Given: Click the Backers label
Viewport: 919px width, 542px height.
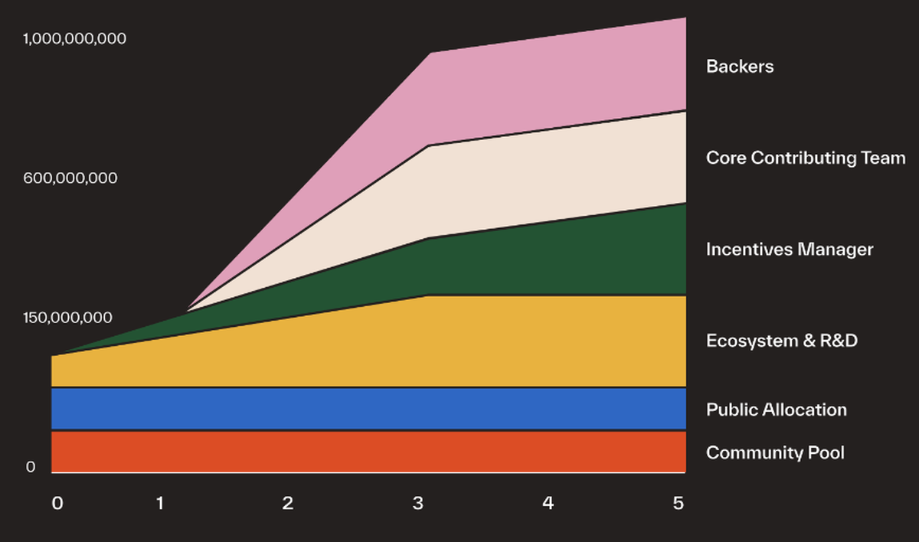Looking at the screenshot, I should (x=740, y=67).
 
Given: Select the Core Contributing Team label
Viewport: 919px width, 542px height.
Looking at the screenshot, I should (x=806, y=158).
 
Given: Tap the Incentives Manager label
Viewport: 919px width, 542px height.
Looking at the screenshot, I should (x=790, y=250).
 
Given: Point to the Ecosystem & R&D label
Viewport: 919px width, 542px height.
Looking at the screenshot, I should (x=782, y=341).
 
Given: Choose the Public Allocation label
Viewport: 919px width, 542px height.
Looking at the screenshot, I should (x=777, y=410).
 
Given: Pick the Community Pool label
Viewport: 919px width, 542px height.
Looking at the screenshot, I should (x=775, y=452).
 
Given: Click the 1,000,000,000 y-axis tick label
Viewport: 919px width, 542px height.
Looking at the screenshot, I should (x=74, y=38).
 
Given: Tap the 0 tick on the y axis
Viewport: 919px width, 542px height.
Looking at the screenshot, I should (x=31, y=466).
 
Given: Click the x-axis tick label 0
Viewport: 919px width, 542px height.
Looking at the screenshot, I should (x=57, y=503).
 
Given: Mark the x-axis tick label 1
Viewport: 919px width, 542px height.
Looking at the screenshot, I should (x=160, y=503).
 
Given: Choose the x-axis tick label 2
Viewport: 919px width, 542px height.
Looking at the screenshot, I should (x=288, y=503).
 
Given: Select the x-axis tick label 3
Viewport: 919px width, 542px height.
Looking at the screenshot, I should (x=417, y=503).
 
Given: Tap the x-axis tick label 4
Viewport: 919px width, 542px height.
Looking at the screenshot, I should (x=548, y=503).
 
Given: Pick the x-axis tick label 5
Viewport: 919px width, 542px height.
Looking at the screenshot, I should (x=678, y=503).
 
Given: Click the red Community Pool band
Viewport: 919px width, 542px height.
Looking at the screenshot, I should (x=368, y=452).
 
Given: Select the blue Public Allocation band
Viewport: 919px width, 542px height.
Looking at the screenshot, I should (x=368, y=409).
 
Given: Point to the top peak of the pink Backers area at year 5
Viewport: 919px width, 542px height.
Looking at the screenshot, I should (x=684, y=18).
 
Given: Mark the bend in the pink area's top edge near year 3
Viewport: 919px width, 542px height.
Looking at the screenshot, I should (x=431, y=54).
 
